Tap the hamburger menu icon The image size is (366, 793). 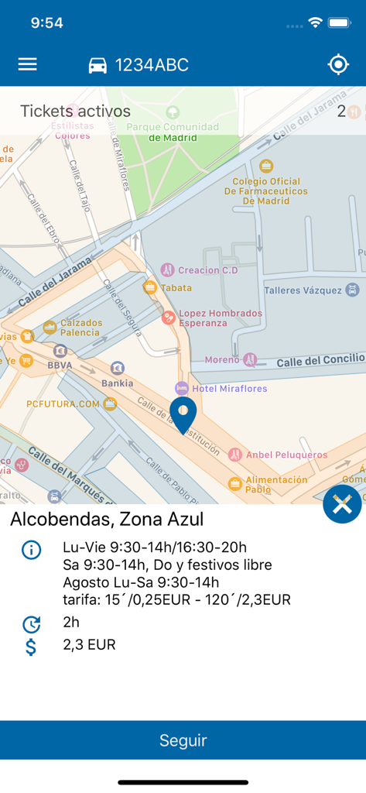point(27,64)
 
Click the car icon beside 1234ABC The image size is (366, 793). point(97,66)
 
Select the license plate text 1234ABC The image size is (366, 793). point(152,65)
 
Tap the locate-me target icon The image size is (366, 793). point(338,64)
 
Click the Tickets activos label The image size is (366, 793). point(75,111)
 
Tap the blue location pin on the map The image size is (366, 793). point(183,413)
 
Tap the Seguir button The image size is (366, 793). point(183,740)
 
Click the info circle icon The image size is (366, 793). point(31,551)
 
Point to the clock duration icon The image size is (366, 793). point(31,623)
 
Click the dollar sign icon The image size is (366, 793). point(31,646)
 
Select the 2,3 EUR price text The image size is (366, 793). point(89,644)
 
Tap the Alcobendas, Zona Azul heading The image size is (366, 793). point(107,519)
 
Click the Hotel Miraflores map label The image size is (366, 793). point(230,388)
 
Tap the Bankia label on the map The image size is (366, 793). point(117,383)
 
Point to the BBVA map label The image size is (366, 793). point(60,364)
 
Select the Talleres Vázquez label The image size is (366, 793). point(303,290)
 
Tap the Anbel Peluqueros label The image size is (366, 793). point(286,455)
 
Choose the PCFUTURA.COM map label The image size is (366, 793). point(63,403)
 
